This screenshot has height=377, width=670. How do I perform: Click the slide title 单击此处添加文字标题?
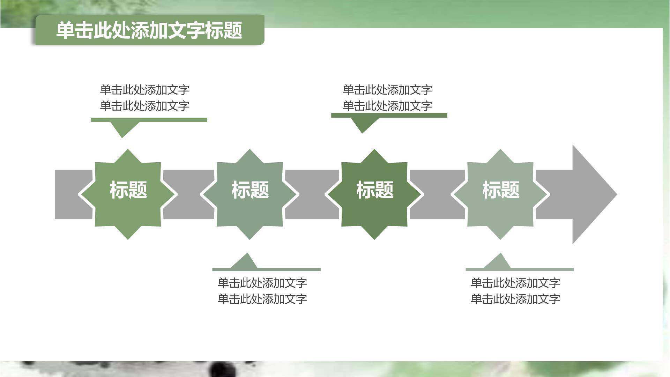click(149, 30)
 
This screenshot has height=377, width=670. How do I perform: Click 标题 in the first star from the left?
click(128, 190)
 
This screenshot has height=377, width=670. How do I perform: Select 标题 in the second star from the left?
click(250, 190)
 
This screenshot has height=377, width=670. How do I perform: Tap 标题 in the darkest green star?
click(375, 190)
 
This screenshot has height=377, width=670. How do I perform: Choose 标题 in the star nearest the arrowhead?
click(500, 190)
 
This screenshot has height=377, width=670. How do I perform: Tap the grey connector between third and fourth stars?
click(437, 194)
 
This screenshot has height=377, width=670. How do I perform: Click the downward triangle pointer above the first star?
click(122, 128)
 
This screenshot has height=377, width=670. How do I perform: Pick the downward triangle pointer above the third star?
click(362, 124)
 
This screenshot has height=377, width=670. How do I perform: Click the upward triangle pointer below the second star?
click(246, 261)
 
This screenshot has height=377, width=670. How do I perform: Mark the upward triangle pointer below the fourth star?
click(499, 261)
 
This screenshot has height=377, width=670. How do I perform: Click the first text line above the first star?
click(144, 90)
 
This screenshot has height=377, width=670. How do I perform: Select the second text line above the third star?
click(387, 106)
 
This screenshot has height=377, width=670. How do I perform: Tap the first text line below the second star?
click(262, 283)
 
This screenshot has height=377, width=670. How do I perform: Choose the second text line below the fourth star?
click(515, 299)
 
